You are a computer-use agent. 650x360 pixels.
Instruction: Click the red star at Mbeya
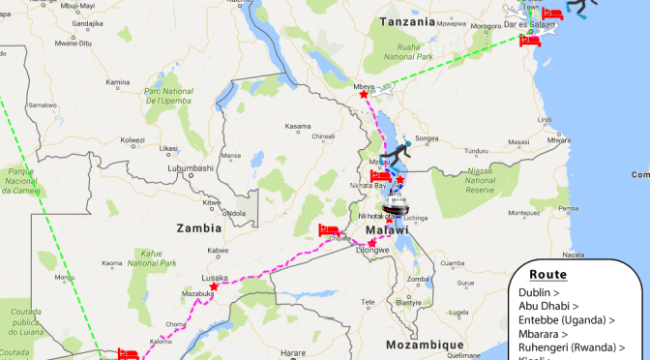pyautogui.click(x=364, y=94)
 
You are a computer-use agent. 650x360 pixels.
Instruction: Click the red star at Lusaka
pyautogui.click(x=213, y=285)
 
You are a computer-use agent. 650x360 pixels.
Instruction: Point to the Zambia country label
pyautogui.click(x=197, y=227)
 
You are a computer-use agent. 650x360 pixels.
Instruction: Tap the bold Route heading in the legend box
pyautogui.click(x=547, y=275)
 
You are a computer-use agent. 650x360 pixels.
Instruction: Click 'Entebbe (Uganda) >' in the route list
pyautogui.click(x=566, y=319)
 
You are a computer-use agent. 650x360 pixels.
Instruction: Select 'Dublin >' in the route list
pyautogui.click(x=540, y=292)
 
